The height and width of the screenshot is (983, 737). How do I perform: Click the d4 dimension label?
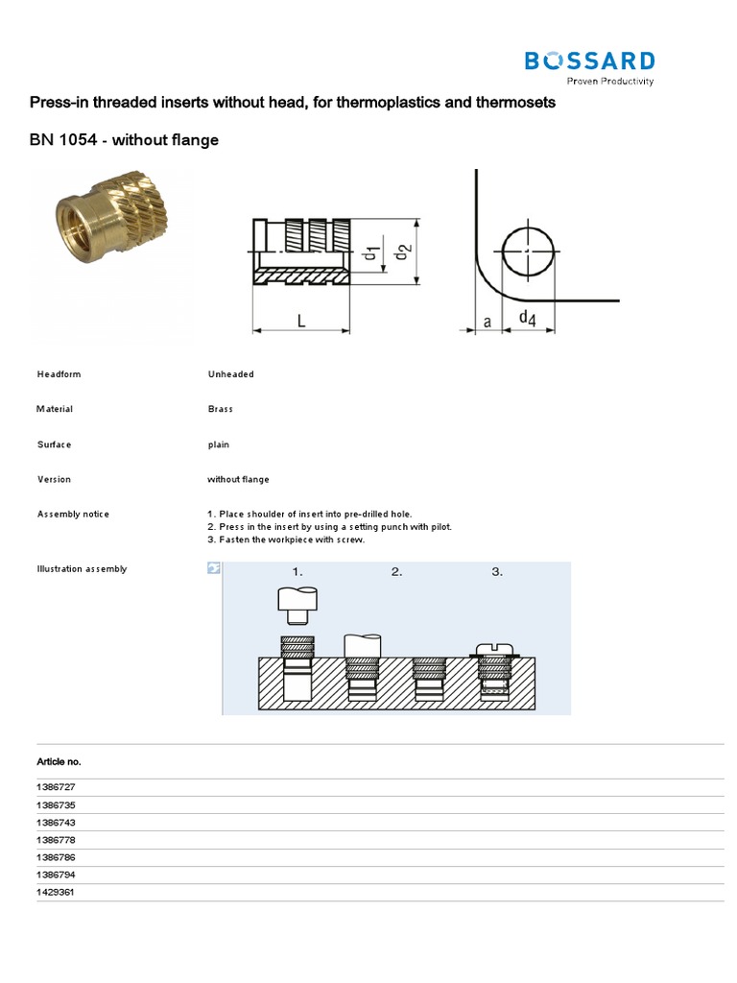coord(527,318)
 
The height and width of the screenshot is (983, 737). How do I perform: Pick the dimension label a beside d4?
coord(487,323)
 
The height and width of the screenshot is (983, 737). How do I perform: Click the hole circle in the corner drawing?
coord(527,252)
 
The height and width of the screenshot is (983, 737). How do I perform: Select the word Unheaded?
coord(230,374)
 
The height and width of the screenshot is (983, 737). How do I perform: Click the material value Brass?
coord(220,409)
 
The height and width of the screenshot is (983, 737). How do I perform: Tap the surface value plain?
coord(218,444)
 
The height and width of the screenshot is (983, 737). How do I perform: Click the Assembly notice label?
coord(73,514)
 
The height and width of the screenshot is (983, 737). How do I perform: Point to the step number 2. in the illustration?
coord(396,572)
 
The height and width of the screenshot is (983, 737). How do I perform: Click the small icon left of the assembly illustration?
coord(214,569)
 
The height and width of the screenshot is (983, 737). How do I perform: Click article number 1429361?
coord(55,892)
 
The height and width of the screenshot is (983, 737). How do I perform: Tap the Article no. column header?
coord(59,761)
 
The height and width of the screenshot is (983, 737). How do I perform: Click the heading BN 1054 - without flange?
coord(125,140)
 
